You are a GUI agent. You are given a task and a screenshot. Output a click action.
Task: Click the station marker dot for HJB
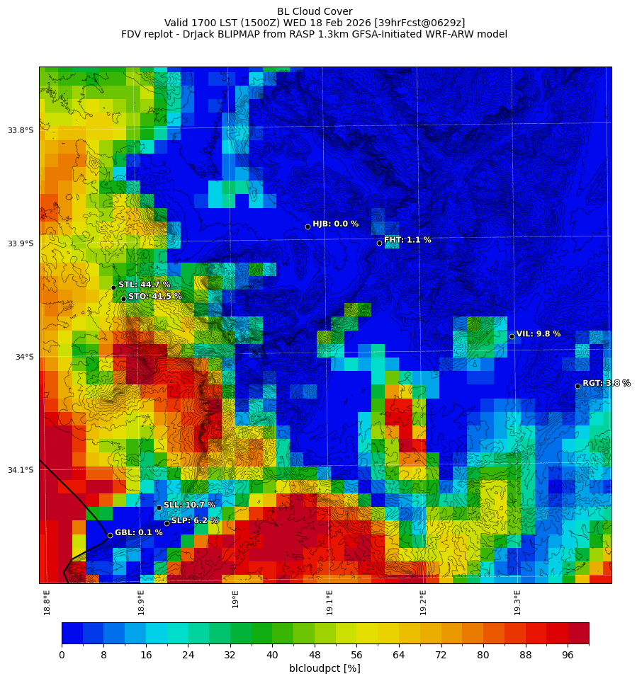(x=308, y=227)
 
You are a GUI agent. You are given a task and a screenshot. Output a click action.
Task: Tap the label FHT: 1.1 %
(x=407, y=240)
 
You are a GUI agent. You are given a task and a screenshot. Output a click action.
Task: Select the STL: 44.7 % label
(x=144, y=285)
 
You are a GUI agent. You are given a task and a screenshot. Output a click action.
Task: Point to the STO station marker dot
(x=123, y=299)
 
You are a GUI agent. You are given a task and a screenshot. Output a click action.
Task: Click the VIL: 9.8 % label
(x=538, y=334)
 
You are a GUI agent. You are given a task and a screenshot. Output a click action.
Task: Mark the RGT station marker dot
(x=577, y=386)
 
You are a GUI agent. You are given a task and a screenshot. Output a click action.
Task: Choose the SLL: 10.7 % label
(x=189, y=505)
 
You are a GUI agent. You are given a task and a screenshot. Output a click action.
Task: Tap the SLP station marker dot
(x=167, y=523)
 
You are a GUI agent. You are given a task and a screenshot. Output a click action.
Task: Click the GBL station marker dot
(x=110, y=535)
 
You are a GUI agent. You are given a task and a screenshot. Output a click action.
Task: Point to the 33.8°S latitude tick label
(x=21, y=130)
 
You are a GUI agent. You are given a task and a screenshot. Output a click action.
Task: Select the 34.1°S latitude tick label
(x=21, y=470)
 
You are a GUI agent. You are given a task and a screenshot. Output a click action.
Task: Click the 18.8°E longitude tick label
(x=47, y=602)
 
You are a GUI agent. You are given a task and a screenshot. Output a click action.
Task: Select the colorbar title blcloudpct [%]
(x=325, y=669)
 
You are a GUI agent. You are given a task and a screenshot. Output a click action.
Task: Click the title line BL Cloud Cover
(x=315, y=11)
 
